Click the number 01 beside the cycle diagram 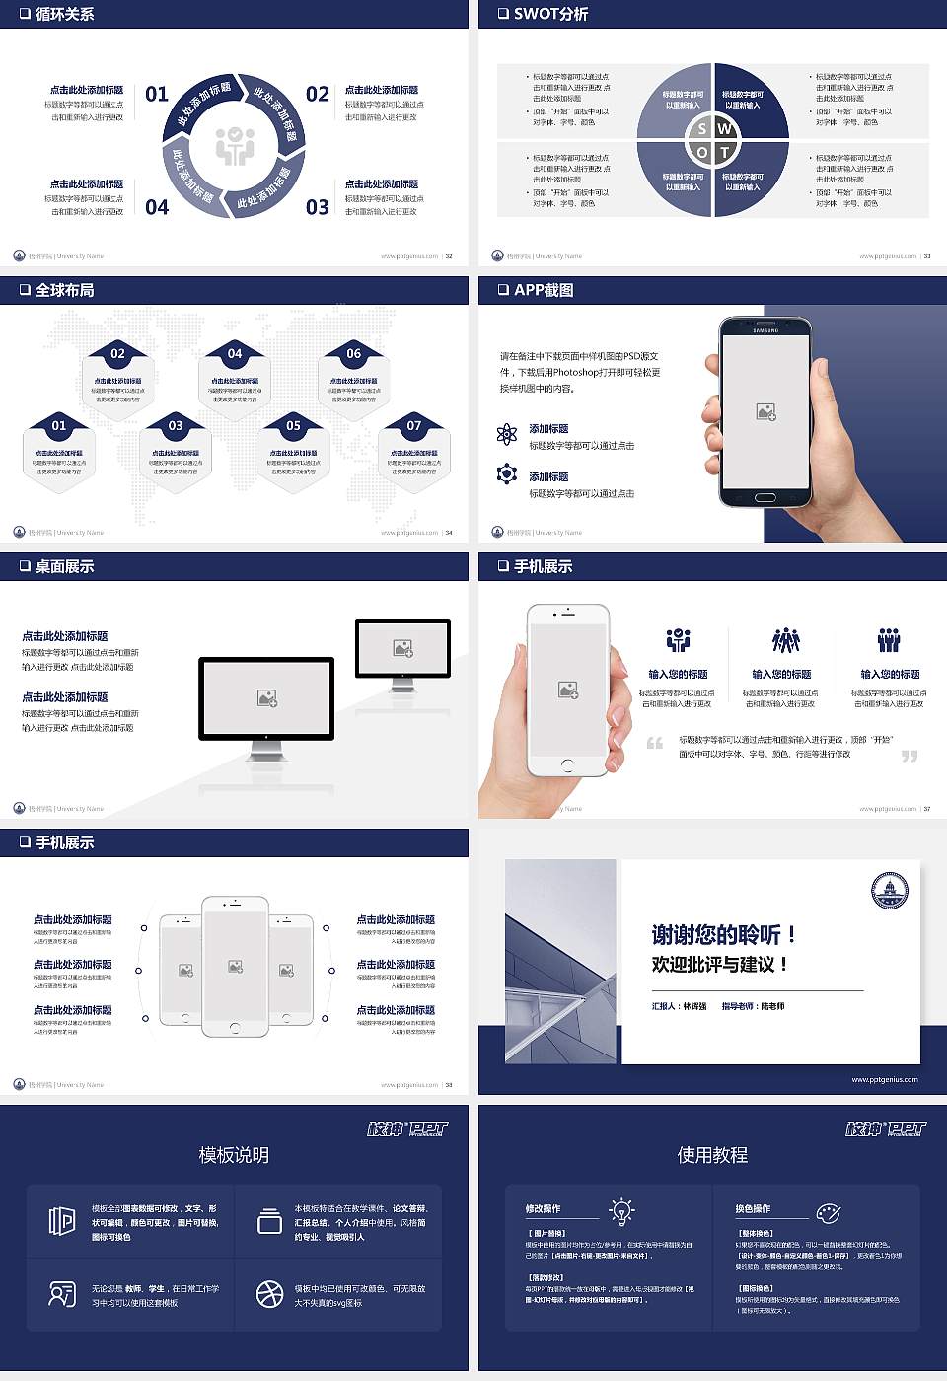coord(157,94)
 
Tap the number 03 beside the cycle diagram coord(317,207)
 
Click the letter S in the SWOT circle coord(701,128)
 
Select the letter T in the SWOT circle coord(724,152)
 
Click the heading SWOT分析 coord(550,14)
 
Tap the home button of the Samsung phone coord(765,498)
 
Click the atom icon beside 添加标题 coord(507,434)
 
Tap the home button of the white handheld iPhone coord(567,764)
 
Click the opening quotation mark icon coord(654,743)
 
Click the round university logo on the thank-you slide coord(889,890)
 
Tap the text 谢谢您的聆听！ coord(723,934)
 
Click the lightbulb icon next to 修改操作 coord(621,1210)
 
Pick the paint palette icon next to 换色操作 coord(828,1212)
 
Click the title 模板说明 coord(234,1155)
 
